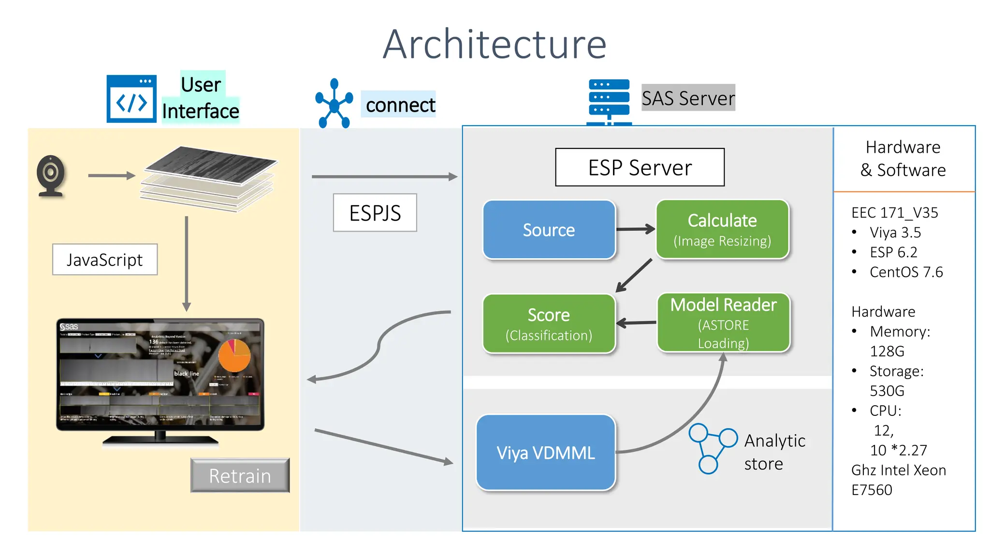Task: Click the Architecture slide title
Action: (x=495, y=44)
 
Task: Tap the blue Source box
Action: (x=549, y=230)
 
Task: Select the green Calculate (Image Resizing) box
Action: (x=722, y=230)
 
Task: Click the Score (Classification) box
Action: (x=549, y=324)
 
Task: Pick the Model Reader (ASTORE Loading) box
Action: (x=723, y=323)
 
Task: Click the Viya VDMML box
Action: (x=546, y=453)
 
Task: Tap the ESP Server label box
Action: (x=640, y=167)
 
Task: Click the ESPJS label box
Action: (x=375, y=213)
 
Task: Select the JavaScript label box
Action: (x=104, y=260)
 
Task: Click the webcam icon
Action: (x=51, y=175)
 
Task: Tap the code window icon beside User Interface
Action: (x=131, y=99)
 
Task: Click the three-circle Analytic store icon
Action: (x=712, y=448)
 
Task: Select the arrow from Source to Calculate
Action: (x=635, y=229)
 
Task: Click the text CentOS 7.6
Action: (x=906, y=272)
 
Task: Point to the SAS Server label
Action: (x=688, y=98)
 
